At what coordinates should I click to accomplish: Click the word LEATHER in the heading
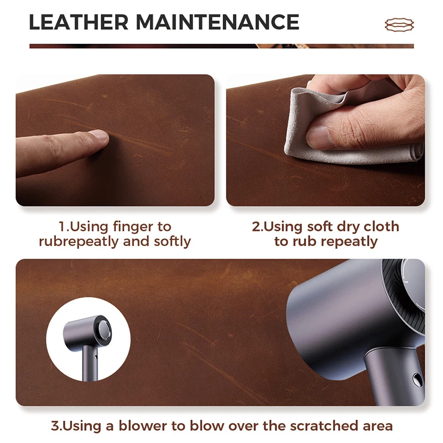79,22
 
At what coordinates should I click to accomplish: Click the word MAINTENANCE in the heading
218,22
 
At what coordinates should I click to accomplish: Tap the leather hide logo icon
399,24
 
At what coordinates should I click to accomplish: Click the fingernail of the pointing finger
99,135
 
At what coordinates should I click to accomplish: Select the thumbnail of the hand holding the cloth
319,137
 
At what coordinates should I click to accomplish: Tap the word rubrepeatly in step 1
79,242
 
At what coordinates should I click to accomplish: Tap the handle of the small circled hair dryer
90,364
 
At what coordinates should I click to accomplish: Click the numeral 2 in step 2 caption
256,227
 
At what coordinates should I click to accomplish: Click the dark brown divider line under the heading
221,46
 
